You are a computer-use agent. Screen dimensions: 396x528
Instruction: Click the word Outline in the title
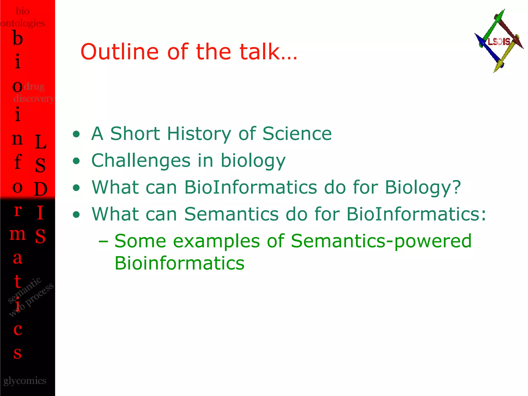[119, 52]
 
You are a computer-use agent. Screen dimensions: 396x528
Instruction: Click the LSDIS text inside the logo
[499, 42]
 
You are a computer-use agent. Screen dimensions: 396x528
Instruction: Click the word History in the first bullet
[199, 134]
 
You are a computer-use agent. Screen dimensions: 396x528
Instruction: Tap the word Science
[297, 134]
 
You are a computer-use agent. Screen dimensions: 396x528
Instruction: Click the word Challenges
[141, 161]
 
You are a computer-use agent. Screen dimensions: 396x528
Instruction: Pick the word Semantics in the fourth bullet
[231, 214]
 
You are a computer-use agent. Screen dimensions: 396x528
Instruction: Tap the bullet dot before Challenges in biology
[76, 161]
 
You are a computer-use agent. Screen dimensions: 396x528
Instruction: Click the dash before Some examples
[103, 241]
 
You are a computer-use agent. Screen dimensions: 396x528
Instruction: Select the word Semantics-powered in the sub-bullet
[381, 241]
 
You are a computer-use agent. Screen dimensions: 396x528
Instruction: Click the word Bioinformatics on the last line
[179, 263]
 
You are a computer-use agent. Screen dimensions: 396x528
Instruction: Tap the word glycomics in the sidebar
[25, 381]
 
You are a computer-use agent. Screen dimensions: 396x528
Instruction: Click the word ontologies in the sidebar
[23, 23]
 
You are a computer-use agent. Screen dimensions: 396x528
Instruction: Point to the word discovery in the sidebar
[34, 98]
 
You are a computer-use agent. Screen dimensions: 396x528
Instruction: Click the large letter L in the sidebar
[40, 142]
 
